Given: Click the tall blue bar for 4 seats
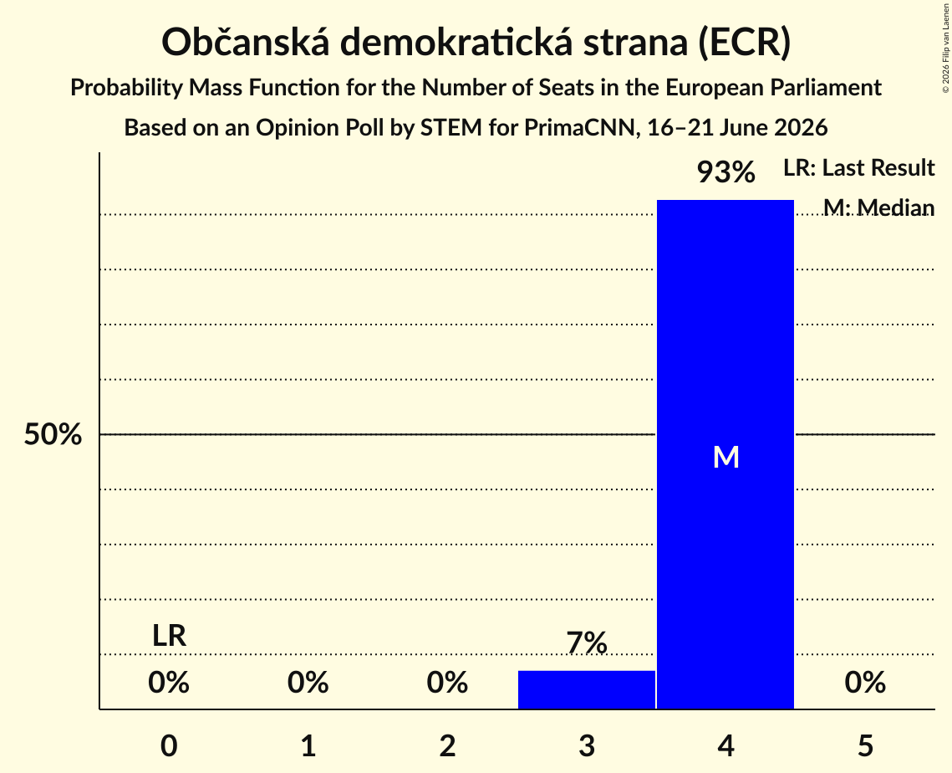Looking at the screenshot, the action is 725,454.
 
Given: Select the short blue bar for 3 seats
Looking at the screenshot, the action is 587,689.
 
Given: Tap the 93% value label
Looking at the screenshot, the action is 725,172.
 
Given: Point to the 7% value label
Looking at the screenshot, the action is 587,643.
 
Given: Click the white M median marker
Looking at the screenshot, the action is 726,457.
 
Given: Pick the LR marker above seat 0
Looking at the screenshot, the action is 169,636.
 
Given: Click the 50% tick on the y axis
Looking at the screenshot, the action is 53,434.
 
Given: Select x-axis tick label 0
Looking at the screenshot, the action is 169,745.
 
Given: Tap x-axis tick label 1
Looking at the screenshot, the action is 308,745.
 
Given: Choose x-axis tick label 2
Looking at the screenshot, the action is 447,745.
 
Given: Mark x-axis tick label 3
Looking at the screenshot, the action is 587,745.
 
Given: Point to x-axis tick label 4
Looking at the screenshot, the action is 726,745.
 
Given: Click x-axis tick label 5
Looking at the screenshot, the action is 865,745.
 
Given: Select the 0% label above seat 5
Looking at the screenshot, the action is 865,683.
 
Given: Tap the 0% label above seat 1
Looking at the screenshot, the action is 308,683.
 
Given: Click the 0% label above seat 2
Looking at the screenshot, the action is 447,683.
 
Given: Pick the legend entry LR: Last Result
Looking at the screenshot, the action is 858,167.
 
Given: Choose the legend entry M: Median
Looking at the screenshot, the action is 878,207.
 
